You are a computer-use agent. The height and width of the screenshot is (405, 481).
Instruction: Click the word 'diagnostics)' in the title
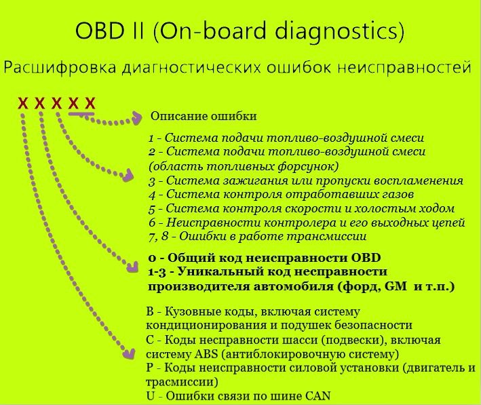coord(339,31)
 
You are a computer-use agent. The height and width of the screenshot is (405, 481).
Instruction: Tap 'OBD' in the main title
coord(99,31)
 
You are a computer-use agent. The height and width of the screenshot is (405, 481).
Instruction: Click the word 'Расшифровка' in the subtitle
coord(60,68)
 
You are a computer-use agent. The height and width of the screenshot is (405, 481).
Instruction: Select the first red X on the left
coord(23,103)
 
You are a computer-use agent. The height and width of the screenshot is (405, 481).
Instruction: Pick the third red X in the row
coord(56,103)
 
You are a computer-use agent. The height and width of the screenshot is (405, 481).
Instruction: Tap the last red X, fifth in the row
coord(90,103)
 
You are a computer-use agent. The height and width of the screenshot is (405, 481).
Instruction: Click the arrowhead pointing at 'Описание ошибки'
coord(136,118)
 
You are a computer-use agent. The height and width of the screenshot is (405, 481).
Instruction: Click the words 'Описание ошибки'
coord(204,116)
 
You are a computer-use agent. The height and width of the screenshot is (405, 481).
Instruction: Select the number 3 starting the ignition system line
coord(152,181)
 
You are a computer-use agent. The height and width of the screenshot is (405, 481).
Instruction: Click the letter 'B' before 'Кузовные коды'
coord(150,312)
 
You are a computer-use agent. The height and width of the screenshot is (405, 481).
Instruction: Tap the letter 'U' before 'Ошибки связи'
coord(151,396)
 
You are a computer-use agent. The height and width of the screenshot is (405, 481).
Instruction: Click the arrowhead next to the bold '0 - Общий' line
coord(132,267)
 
